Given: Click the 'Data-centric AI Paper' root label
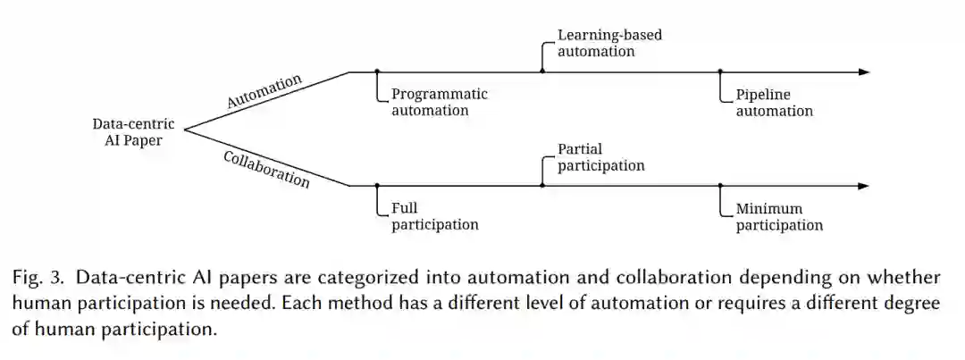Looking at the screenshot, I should click(x=133, y=132).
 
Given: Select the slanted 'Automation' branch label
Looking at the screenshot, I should click(x=264, y=91).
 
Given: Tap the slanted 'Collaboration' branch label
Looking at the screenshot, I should click(x=266, y=169).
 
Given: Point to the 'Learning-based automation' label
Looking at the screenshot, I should click(x=610, y=43).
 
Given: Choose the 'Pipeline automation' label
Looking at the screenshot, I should click(x=775, y=103).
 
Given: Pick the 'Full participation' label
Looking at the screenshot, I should click(x=435, y=216).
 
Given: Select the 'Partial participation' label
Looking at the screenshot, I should click(x=600, y=157).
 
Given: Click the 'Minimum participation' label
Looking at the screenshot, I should click(x=779, y=217).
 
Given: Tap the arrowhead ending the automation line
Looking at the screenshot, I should click(x=862, y=71).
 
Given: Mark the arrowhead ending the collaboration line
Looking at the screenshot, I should click(x=862, y=186).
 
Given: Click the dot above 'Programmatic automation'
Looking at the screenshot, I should click(x=377, y=71).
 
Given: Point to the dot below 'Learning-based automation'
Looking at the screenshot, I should click(x=542, y=71).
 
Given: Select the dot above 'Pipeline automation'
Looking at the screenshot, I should click(x=721, y=71).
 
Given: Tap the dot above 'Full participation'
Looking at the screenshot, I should click(x=377, y=186).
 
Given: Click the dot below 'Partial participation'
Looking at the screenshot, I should click(x=542, y=186).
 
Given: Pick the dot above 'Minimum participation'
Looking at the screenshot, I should click(x=721, y=186).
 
